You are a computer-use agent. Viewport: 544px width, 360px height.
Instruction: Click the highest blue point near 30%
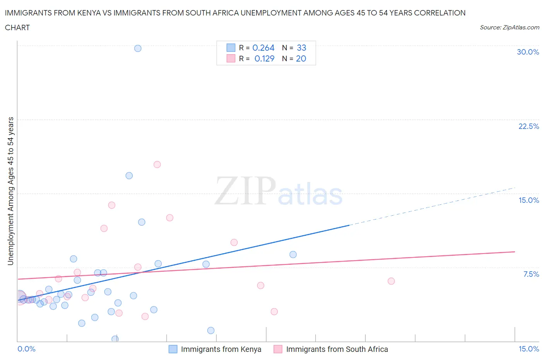(x=138, y=48)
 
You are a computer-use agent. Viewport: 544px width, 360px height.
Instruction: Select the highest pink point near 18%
(x=157, y=165)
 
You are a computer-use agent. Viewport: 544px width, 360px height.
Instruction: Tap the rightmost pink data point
(x=391, y=281)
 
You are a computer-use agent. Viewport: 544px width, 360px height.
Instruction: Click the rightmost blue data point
(x=293, y=254)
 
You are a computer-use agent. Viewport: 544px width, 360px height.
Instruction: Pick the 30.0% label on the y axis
(x=528, y=52)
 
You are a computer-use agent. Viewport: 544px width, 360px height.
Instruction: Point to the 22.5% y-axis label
(x=529, y=126)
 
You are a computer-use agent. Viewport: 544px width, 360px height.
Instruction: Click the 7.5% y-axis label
(x=531, y=274)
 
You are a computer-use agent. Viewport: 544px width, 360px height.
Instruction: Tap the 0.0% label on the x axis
(x=26, y=349)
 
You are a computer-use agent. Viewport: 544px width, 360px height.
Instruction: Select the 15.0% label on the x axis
(x=529, y=349)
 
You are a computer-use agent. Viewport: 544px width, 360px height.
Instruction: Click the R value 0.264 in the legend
(x=263, y=48)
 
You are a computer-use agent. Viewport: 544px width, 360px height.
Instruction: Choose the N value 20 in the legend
(x=301, y=58)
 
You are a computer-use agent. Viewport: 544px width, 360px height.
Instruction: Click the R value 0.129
(x=264, y=58)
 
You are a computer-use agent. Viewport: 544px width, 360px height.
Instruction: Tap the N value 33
(x=301, y=48)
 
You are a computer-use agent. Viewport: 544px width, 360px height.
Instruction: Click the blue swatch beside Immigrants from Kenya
(x=173, y=349)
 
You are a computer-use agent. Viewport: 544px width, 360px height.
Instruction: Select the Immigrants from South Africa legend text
(x=337, y=349)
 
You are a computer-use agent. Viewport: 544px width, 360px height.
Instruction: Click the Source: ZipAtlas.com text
(x=509, y=27)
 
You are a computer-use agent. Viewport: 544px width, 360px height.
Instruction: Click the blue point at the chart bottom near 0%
(x=115, y=339)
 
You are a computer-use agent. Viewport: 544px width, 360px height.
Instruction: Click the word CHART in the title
(x=17, y=27)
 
